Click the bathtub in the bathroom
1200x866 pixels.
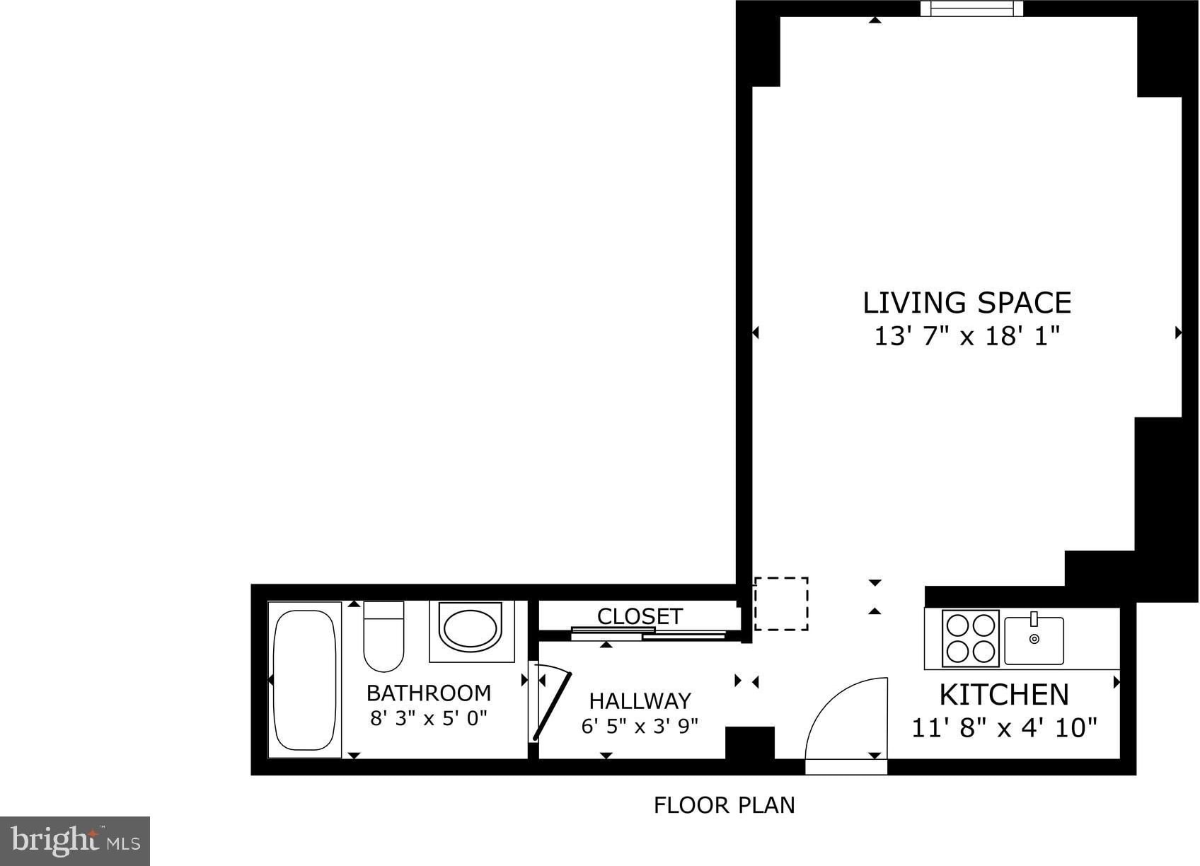coord(304,680)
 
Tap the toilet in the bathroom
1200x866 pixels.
coord(383,636)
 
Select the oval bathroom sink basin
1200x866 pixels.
coord(471,628)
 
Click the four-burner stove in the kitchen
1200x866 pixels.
coord(970,638)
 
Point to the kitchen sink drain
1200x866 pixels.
coord(1034,639)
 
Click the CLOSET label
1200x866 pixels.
coord(640,616)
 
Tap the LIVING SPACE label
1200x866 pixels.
coord(967,303)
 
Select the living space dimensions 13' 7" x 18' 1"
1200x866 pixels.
coord(967,337)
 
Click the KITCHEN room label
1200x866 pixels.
coord(1004,695)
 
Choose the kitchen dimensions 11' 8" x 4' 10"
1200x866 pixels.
coord(1004,728)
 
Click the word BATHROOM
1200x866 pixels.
coord(429,693)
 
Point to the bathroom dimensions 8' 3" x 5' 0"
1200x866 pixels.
coord(429,717)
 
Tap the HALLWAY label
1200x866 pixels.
coord(640,700)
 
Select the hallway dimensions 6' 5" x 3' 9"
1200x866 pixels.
coord(640,726)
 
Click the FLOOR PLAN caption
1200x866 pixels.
coord(725,805)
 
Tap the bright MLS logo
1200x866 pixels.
coord(75,841)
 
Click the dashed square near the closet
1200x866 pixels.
coord(781,604)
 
